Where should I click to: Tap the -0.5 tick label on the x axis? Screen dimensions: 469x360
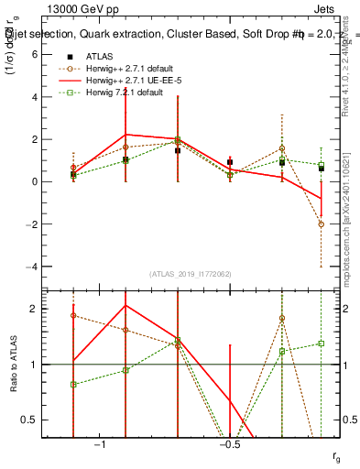pyautogui.click(x=229, y=443)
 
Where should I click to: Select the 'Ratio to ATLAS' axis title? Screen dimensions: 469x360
pyautogui.click(x=14, y=365)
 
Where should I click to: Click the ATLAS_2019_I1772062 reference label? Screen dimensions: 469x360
pyautogui.click(x=191, y=274)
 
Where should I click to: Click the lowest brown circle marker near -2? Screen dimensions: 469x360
pyautogui.click(x=322, y=224)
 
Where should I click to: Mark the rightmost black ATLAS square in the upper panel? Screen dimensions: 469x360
pyautogui.click(x=322, y=169)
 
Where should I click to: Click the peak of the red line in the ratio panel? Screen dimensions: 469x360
pyautogui.click(x=125, y=305)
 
